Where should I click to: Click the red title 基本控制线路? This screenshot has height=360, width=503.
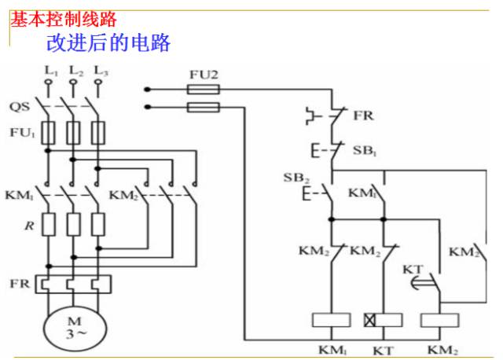coord(64,19)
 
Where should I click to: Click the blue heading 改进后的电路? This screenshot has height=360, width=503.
coord(108,43)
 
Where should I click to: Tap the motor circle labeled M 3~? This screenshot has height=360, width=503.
coord(75,330)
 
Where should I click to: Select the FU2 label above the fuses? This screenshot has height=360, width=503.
coord(204,75)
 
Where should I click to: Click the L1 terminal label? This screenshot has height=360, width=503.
coord(51,71)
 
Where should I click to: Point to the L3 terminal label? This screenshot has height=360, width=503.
coord(101,71)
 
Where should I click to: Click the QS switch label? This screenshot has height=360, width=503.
coord(20,107)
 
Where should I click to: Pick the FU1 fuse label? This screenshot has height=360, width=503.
coord(22,133)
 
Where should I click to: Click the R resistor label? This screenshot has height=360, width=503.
coord(29,226)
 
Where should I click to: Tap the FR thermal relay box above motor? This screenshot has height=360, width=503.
coord(73,285)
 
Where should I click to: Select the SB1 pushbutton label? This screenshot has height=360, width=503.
coord(365,150)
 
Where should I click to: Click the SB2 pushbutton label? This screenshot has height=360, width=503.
coord(296,178)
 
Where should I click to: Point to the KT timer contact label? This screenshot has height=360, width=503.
coord(413,269)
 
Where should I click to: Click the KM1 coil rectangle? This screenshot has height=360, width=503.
coord(332,320)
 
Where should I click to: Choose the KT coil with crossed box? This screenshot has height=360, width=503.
coord(384,320)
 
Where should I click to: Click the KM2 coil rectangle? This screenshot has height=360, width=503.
coord(439,320)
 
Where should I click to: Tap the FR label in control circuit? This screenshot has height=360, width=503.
coord(363,116)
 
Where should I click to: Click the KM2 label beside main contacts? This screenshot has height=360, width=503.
coord(123,195)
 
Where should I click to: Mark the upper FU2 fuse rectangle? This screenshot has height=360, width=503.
coord(204,89)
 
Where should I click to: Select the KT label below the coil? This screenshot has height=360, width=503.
coord(383,351)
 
